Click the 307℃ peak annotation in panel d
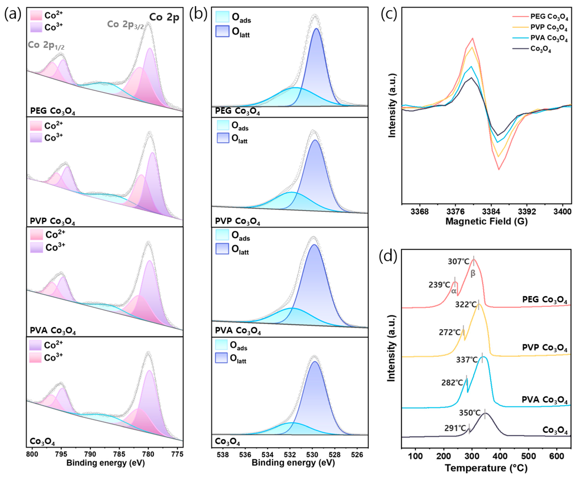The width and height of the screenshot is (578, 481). click(x=458, y=261)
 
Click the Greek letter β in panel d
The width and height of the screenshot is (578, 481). click(x=473, y=273)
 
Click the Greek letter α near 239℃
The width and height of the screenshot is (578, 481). click(x=454, y=291)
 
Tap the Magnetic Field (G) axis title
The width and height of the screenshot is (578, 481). click(x=486, y=221)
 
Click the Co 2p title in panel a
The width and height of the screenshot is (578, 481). click(x=164, y=17)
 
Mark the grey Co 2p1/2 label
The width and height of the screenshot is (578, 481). click(x=46, y=45)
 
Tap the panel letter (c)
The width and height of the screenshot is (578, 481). click(x=389, y=14)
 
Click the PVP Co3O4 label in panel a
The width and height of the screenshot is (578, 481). click(x=52, y=221)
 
